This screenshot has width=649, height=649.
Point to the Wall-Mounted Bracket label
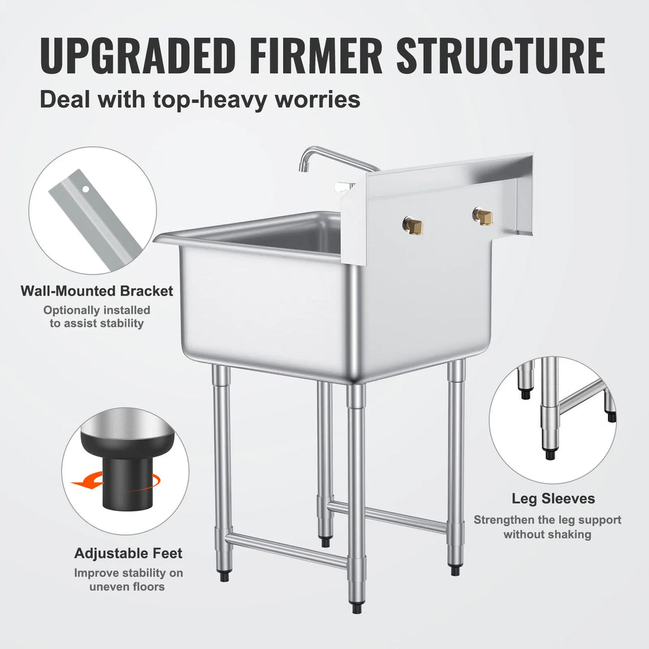point(96,291)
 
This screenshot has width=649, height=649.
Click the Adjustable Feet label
point(128,553)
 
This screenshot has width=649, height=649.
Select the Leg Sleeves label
point(553,499)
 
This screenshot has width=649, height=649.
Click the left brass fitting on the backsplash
point(413,224)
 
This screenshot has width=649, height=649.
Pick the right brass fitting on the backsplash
point(483,216)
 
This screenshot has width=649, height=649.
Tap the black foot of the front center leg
point(357,608)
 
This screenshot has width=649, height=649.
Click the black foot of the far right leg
point(455,570)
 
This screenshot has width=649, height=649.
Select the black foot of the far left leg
point(224,577)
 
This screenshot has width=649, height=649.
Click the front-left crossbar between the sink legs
point(286,549)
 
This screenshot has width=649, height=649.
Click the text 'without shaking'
point(548,534)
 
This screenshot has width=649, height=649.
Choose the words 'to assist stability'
point(97,323)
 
